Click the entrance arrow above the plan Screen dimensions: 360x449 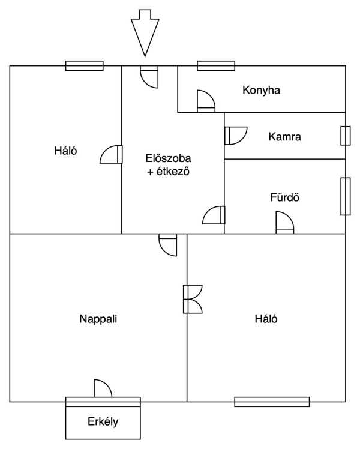(145, 33)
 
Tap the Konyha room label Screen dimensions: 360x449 (261, 90)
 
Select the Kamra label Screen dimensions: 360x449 (285, 137)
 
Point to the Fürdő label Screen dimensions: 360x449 (285, 197)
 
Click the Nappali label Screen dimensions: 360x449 (98, 319)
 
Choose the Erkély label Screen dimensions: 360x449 (103, 421)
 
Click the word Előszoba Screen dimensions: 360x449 (168, 158)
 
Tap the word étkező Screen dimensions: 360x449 (173, 172)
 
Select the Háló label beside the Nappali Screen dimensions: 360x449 (266, 319)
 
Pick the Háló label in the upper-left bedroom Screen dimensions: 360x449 (65, 151)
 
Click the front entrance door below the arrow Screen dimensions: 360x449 (149, 77)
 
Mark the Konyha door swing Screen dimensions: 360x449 (206, 101)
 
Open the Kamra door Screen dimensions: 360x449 (236, 136)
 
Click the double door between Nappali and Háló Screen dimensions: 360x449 (193, 299)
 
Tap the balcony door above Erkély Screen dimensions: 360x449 (103, 388)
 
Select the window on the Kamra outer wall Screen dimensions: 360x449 (346, 136)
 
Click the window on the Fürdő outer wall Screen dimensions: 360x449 (346, 196)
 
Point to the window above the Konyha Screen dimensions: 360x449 (216, 66)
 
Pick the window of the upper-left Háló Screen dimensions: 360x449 (85, 66)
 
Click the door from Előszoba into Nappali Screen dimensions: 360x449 (168, 245)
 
